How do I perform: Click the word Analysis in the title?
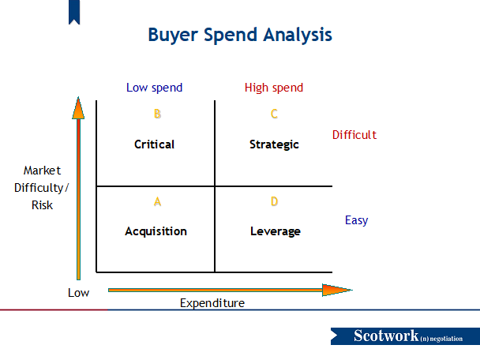pyautogui.click(x=298, y=35)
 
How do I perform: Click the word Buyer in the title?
pyautogui.click(x=173, y=35)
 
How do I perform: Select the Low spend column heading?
pyautogui.click(x=154, y=88)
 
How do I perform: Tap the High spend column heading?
pyautogui.click(x=274, y=88)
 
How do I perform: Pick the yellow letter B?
pyautogui.click(x=157, y=114)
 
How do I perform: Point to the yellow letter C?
pyautogui.click(x=274, y=114)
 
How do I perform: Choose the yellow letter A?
pyautogui.click(x=157, y=202)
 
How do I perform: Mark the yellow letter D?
pyautogui.click(x=274, y=201)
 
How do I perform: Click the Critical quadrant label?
pyautogui.click(x=154, y=144)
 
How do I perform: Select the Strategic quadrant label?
pyautogui.click(x=274, y=144)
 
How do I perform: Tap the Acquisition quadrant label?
pyautogui.click(x=156, y=231)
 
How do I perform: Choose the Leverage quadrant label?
pyautogui.click(x=276, y=231)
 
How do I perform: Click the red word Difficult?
pyautogui.click(x=354, y=135)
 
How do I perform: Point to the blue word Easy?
pyautogui.click(x=356, y=220)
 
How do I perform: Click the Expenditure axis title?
pyautogui.click(x=212, y=303)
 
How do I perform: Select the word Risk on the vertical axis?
pyautogui.click(x=43, y=205)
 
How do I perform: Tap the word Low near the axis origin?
pyautogui.click(x=78, y=293)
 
